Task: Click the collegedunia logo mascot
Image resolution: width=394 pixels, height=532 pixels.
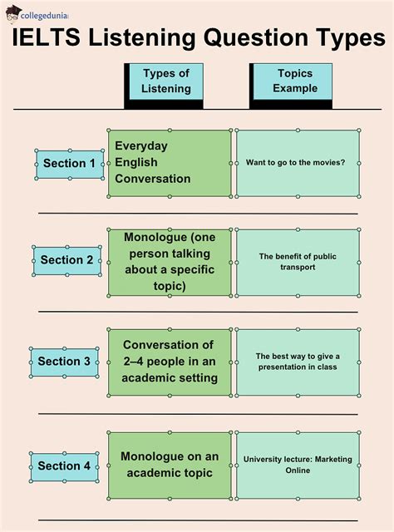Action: pyautogui.click(x=13, y=14)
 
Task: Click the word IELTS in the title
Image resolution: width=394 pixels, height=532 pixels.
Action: pyautogui.click(x=47, y=37)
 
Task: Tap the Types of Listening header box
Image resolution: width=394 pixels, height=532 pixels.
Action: pyautogui.click(x=164, y=86)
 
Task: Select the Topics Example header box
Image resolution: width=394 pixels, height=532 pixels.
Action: pyautogui.click(x=291, y=86)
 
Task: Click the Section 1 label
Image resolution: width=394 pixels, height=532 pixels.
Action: pyautogui.click(x=70, y=165)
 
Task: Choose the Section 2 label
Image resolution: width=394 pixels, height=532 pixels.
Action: pyautogui.click(x=66, y=260)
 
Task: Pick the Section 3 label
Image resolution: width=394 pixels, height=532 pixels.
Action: pyautogui.click(x=64, y=362)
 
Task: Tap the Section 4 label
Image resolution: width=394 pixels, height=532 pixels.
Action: pyautogui.click(x=64, y=466)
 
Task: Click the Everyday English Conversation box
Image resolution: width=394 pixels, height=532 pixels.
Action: pyautogui.click(x=170, y=163)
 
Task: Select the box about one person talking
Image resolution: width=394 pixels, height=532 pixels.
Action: pyautogui.click(x=170, y=263)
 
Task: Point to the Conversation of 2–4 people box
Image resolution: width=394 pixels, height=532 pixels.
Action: pyautogui.click(x=170, y=362)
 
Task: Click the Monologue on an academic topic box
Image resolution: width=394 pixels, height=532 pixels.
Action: pyautogui.click(x=170, y=465)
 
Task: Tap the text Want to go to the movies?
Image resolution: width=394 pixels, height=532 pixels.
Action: pyautogui.click(x=295, y=163)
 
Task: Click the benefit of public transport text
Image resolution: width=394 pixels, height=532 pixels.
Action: pyautogui.click(x=298, y=262)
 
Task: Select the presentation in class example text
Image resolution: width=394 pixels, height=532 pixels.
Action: pyautogui.click(x=298, y=362)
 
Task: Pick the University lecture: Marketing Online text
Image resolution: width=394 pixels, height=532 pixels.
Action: pyautogui.click(x=298, y=465)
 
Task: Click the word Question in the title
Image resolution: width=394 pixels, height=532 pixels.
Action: pyautogui.click(x=255, y=38)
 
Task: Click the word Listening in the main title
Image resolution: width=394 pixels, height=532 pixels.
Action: pyautogui.click(x=142, y=39)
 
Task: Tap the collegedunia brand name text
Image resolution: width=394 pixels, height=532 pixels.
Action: pyautogui.click(x=44, y=16)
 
